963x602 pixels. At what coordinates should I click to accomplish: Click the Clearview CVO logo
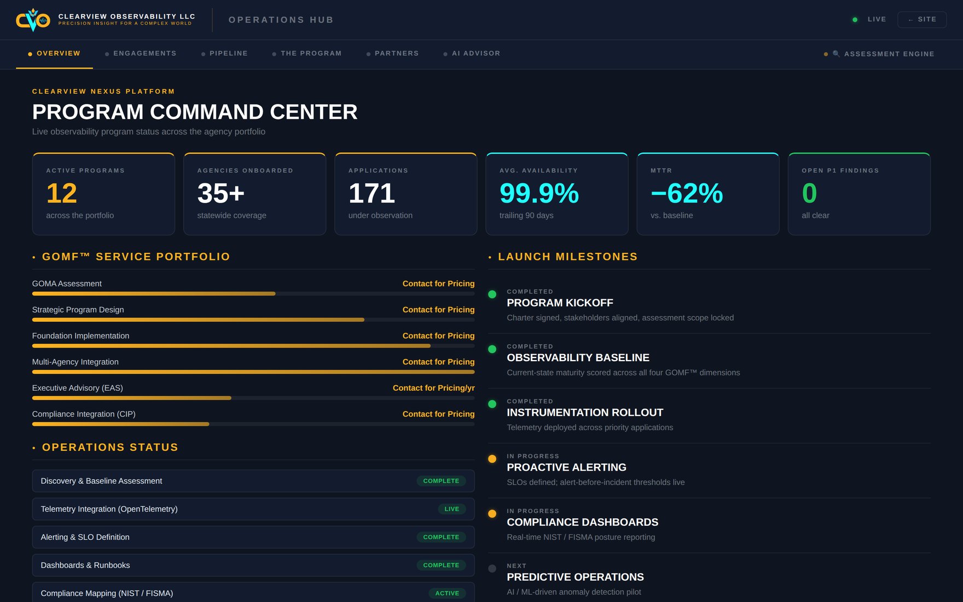coord(33,20)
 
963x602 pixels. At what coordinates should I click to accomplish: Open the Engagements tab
coord(145,54)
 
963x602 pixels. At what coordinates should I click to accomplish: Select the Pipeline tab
coord(229,54)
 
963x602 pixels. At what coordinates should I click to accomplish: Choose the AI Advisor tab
coord(476,54)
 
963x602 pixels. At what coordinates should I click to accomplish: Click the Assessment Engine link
coord(889,54)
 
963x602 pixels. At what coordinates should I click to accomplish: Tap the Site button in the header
coord(922,19)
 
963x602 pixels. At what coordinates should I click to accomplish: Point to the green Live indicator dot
coord(855,20)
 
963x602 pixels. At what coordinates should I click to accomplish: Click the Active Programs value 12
coord(62,193)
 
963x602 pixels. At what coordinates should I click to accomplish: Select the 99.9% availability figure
coord(539,193)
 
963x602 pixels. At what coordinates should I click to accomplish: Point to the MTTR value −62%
coord(687,193)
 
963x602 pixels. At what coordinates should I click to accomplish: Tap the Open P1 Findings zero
coord(809,193)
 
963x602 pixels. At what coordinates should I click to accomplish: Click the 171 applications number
coord(372,193)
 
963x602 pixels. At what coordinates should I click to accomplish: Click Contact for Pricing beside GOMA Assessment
coord(438,283)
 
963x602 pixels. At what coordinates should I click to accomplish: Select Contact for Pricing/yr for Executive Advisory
coord(433,388)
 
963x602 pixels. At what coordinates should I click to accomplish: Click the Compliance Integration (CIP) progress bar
coord(253,424)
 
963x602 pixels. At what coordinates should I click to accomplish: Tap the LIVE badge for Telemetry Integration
coord(452,509)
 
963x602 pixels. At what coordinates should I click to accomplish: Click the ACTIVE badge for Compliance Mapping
coord(447,593)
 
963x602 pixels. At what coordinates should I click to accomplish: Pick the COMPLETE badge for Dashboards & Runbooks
coord(441,565)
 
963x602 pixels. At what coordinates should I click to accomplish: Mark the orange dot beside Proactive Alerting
coord(492,459)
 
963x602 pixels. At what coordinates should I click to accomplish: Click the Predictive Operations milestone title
coord(575,577)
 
